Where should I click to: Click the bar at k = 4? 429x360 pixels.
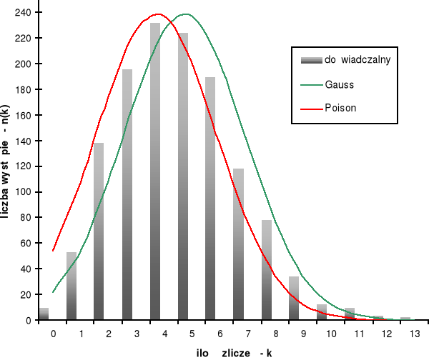click(x=155, y=171)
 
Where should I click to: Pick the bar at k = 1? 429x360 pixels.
click(x=71, y=286)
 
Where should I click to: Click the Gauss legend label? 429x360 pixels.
click(x=340, y=84)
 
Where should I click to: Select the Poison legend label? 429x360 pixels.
click(x=340, y=109)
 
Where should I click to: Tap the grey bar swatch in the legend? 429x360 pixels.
click(x=310, y=60)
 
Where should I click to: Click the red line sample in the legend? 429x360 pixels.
click(x=310, y=109)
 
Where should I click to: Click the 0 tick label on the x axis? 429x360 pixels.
click(x=52, y=334)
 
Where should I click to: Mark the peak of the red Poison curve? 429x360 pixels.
click(x=157, y=14)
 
